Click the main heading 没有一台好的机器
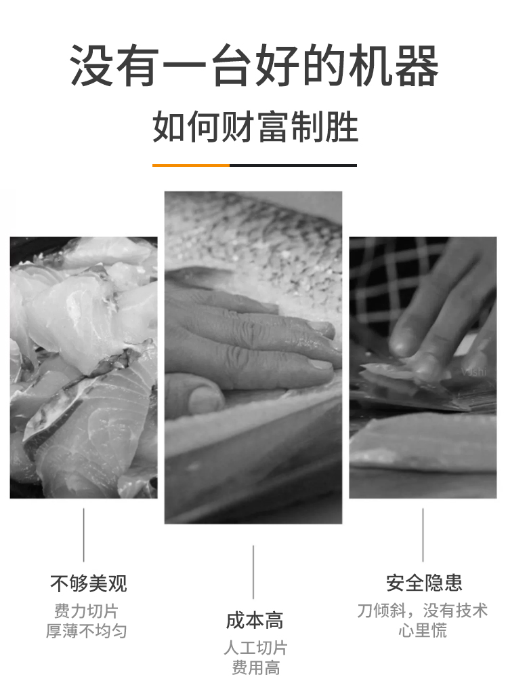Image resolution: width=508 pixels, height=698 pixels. pyautogui.click(x=254, y=65)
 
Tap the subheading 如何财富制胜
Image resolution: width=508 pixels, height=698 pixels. pyautogui.click(x=255, y=127)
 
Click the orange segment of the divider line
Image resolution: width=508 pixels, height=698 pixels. pyautogui.click(x=191, y=165)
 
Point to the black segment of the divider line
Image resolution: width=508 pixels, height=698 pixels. pyautogui.click(x=293, y=165)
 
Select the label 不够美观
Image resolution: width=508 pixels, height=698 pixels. pyautogui.click(x=89, y=583)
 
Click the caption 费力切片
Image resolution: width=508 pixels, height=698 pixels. pyautogui.click(x=86, y=610)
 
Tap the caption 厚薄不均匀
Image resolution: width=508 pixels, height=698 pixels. pyautogui.click(x=86, y=631)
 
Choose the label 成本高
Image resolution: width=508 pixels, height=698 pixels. pyautogui.click(x=255, y=621)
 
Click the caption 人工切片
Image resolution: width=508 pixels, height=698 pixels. pyautogui.click(x=255, y=648)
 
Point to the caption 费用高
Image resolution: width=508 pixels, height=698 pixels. pyautogui.click(x=255, y=667)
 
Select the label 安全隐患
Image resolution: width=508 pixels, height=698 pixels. pyautogui.click(x=424, y=583)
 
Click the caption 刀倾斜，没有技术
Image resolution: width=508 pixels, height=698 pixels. pyautogui.click(x=422, y=610)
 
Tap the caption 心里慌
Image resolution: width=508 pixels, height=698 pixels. pyautogui.click(x=422, y=631)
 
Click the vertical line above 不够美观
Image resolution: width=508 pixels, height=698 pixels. pyautogui.click(x=83, y=535)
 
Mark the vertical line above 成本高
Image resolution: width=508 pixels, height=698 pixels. pyautogui.click(x=253, y=572)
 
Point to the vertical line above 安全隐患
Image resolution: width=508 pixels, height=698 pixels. pyautogui.click(x=423, y=535)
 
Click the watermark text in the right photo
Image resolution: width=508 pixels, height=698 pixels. pyautogui.click(x=473, y=371)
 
